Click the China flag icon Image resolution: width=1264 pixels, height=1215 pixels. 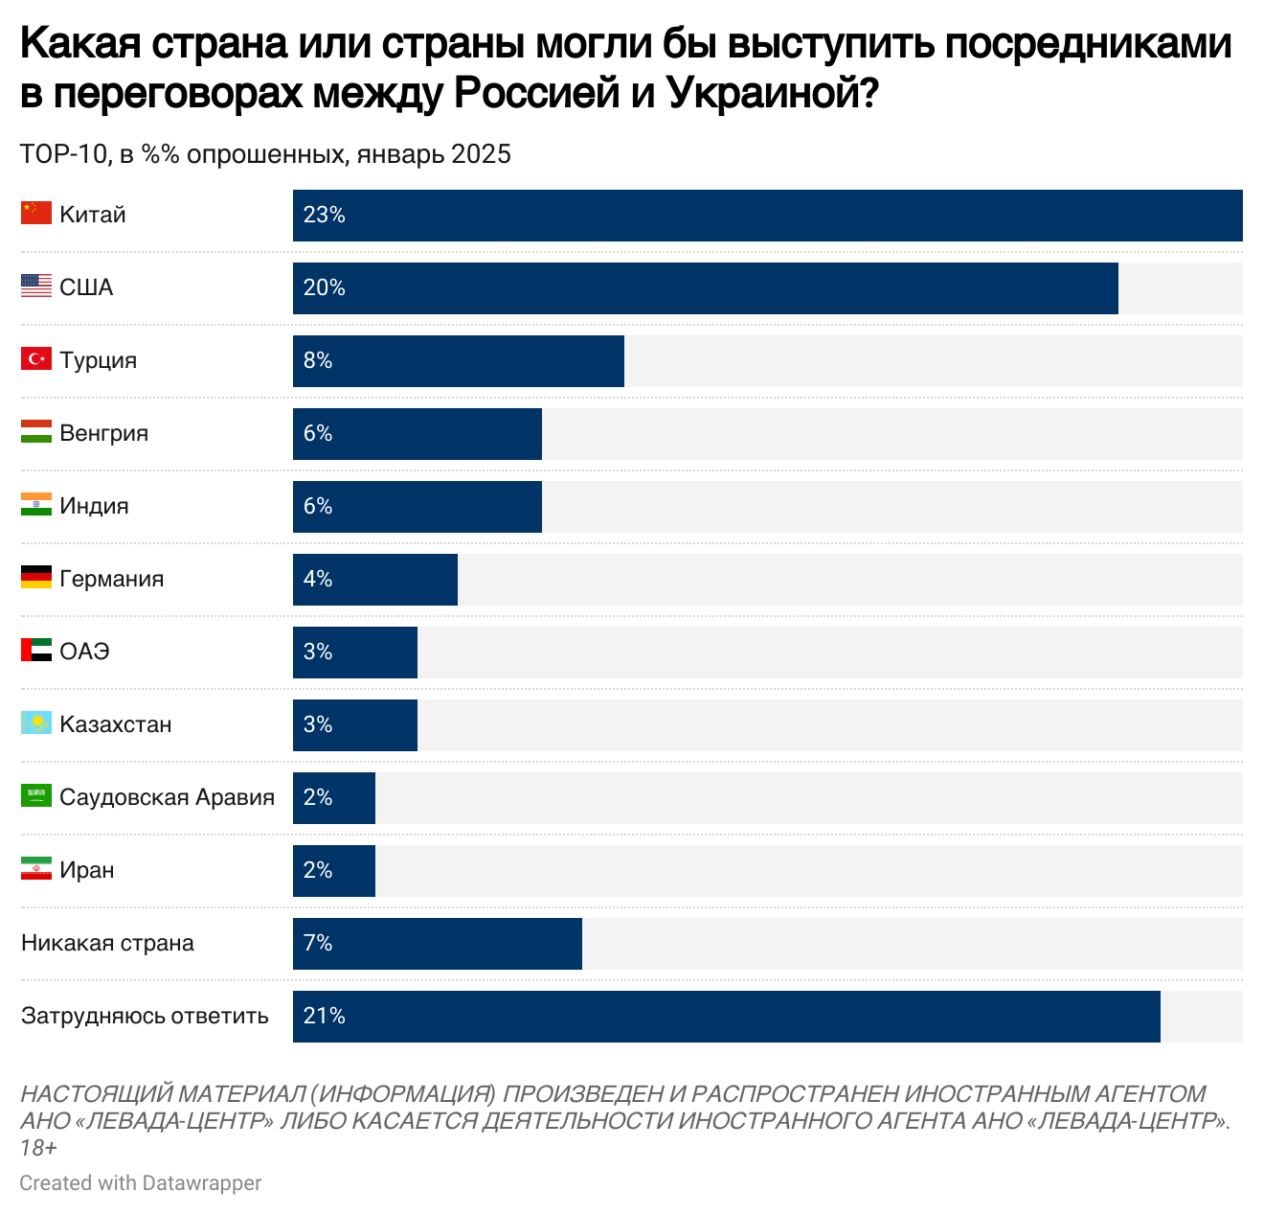36,214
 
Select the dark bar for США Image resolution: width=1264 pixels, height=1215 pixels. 705,287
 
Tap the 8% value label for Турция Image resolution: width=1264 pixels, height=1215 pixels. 318,360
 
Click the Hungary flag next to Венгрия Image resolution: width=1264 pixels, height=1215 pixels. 36,432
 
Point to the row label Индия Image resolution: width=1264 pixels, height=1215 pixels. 94,506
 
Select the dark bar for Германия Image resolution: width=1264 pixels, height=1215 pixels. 375,579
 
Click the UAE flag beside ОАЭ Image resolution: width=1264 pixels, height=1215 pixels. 36,651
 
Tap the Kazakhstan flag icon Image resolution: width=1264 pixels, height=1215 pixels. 36,723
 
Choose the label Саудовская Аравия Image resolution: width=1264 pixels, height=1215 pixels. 167,797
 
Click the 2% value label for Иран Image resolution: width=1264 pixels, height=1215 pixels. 318,870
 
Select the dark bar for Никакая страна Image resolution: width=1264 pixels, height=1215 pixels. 437,943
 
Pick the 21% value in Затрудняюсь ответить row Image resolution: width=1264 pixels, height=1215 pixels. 324,1016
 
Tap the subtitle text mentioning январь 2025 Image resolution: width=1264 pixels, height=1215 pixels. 265,154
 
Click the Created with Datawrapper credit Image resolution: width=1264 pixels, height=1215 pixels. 141,1183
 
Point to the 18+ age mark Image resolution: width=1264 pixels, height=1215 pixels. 38,1147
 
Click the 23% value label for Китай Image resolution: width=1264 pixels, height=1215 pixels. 324,215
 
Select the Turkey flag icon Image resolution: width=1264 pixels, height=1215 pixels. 36,359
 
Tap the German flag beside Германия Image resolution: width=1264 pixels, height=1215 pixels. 36,578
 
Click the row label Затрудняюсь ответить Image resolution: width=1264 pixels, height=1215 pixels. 145,1016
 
